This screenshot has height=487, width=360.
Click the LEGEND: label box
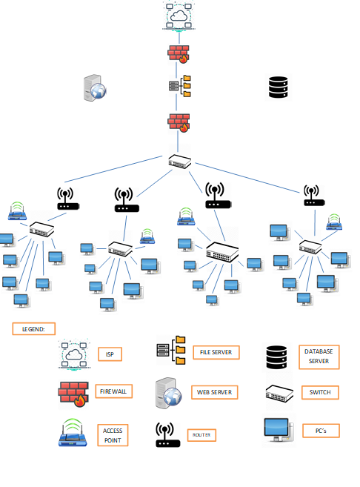tap(34, 329)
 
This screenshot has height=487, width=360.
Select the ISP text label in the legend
tap(110, 354)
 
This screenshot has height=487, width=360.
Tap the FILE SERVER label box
tap(216, 353)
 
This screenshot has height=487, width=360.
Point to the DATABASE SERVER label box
tap(319, 357)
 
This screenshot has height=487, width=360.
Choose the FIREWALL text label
tap(113, 391)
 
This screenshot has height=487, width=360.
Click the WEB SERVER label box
tap(215, 392)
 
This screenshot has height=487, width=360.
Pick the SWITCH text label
tap(320, 392)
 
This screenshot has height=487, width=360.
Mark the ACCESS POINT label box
tap(113, 435)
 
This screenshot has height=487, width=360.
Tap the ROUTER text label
tap(201, 435)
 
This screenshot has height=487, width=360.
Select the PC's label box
tap(321, 431)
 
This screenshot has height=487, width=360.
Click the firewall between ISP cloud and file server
tap(179, 54)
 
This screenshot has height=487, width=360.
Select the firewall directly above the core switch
tap(179, 123)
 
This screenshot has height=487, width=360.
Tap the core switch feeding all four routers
tap(180, 162)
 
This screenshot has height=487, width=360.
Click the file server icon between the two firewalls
tap(180, 86)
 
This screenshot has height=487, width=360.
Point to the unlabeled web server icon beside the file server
tap(95, 87)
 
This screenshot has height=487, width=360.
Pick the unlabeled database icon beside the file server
tap(278, 87)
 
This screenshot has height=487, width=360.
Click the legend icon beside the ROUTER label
tap(167, 434)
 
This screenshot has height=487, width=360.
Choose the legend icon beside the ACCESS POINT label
tap(73, 432)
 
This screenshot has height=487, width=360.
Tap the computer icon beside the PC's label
tap(279, 430)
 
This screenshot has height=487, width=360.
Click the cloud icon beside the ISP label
tap(74, 354)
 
